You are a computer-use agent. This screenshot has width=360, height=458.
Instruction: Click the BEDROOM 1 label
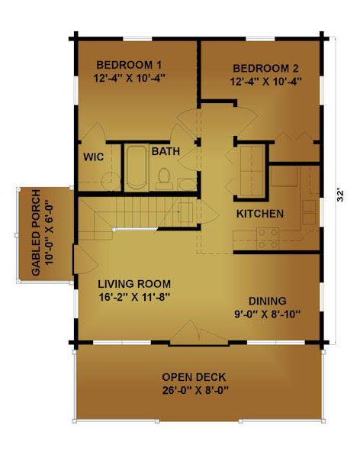(129, 65)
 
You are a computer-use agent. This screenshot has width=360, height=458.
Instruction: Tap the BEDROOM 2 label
(265, 69)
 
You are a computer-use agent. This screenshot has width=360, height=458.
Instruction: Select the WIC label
(93, 156)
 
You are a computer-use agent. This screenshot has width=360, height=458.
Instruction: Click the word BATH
(166, 151)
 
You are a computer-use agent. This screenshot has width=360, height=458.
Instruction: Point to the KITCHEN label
(260, 214)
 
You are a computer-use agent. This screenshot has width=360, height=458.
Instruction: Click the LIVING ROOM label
(134, 284)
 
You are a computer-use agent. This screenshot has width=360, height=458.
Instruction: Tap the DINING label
(267, 302)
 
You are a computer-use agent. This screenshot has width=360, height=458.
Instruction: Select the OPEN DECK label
(194, 377)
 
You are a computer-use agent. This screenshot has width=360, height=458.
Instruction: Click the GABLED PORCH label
(36, 233)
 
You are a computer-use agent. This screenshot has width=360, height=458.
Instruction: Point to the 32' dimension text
(340, 196)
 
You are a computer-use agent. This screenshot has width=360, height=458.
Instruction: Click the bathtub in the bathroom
(137, 167)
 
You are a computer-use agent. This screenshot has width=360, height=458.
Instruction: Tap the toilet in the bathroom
(164, 179)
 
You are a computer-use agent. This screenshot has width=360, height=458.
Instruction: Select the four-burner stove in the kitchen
(268, 239)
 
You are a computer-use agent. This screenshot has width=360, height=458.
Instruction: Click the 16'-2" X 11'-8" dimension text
(134, 298)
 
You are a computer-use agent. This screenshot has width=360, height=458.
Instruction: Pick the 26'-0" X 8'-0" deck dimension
(195, 391)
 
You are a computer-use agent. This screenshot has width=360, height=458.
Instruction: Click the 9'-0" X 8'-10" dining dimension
(268, 314)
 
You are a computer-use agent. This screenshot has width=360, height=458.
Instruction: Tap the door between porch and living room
(85, 260)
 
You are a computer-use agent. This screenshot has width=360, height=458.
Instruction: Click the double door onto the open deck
(199, 333)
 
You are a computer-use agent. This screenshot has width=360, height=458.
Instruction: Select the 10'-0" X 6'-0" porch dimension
(49, 233)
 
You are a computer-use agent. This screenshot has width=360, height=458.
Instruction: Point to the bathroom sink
(188, 184)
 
